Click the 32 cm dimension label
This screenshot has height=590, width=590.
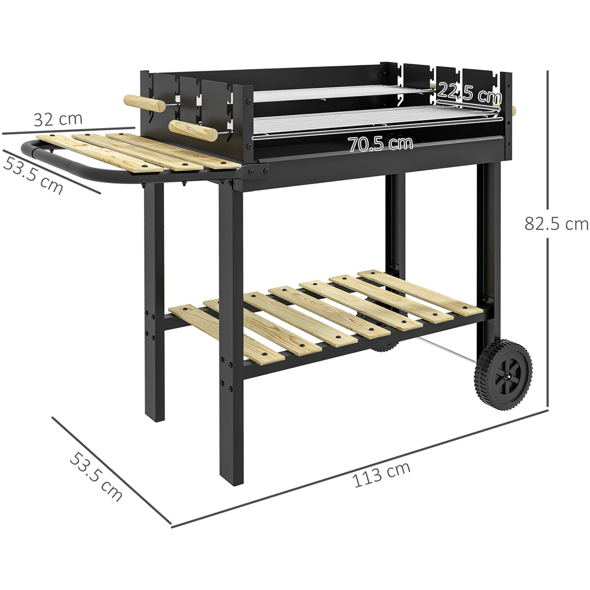[x=58, y=119]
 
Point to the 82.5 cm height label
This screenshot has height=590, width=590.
[x=556, y=224]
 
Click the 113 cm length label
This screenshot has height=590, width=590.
[x=382, y=476]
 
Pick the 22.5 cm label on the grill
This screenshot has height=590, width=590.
[x=469, y=93]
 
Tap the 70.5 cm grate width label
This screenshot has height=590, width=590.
[x=380, y=143]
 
